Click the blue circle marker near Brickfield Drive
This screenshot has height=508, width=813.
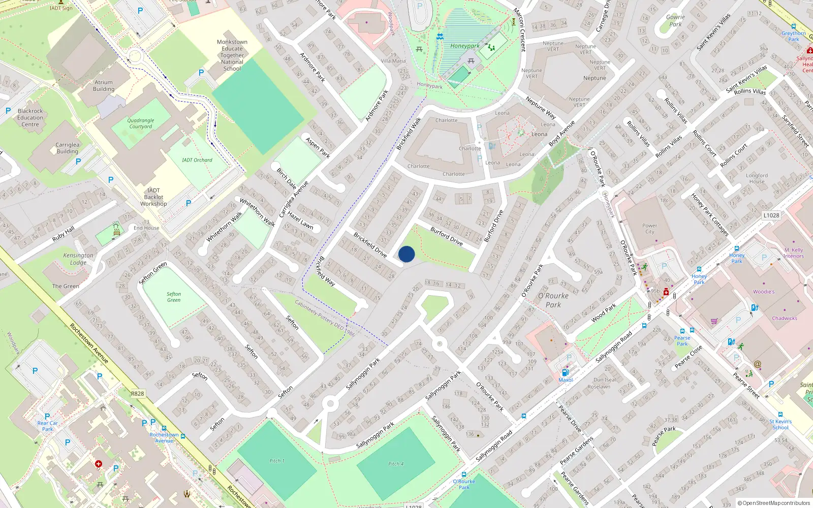tap(407, 254)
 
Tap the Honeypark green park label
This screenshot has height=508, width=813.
tap(464, 46)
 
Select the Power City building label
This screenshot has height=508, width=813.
tap(649, 229)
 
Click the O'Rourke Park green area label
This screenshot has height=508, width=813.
tap(553, 300)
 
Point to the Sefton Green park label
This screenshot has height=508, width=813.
tap(174, 297)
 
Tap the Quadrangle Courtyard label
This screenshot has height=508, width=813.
tap(141, 123)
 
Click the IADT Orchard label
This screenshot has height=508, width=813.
tap(197, 160)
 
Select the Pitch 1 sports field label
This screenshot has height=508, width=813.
tap(277, 461)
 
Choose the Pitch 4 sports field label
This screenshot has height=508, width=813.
tap(396, 464)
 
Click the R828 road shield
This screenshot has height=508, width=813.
tap(137, 394)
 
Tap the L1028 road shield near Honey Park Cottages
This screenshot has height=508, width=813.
tap(771, 215)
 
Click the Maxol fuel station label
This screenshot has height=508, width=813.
tap(566, 380)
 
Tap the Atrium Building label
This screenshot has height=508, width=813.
tap(104, 85)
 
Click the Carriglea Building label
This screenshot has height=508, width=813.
tap(68, 148)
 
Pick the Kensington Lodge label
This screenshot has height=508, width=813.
tap(78, 259)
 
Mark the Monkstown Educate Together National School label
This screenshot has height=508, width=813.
tap(232, 55)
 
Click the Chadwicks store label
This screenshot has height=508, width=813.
tap(785, 319)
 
